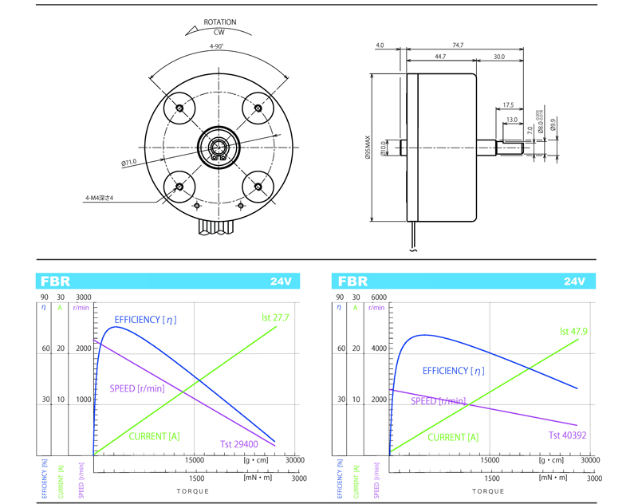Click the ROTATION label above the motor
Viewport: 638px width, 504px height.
click(219, 22)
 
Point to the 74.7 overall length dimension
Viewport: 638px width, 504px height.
click(458, 46)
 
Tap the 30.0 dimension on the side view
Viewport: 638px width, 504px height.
click(498, 57)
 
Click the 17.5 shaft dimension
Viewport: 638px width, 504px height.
click(508, 104)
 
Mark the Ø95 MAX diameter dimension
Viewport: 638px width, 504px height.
click(367, 147)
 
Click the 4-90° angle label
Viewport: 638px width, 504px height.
click(216, 47)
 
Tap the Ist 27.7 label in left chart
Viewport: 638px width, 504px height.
click(274, 317)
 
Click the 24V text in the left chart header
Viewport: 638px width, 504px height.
click(280, 282)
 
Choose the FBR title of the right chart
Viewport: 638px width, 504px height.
click(352, 282)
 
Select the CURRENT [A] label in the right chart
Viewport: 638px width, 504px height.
click(453, 437)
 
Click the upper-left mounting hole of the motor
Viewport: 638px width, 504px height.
click(179, 107)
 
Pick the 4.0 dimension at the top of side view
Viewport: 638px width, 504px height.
click(380, 46)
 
